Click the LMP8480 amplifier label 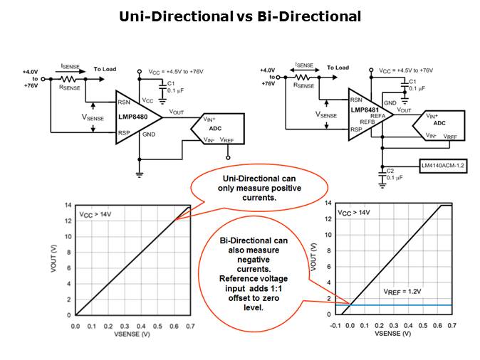pyautogui.click(x=133, y=117)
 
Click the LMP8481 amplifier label pyautogui.click(x=365, y=110)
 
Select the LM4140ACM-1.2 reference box pyautogui.click(x=443, y=166)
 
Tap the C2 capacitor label pyautogui.click(x=390, y=170)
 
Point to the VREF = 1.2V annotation pyautogui.click(x=402, y=292)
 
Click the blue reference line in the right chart pyautogui.click(x=394, y=305)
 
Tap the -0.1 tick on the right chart pyautogui.click(x=335, y=325)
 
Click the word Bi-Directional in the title pyautogui.click(x=309, y=16)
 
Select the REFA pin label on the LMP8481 pyautogui.click(x=377, y=116)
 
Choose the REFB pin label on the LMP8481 pyautogui.click(x=367, y=122)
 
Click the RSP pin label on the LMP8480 pyautogui.click(x=124, y=133)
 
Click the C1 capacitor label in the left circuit pyautogui.click(x=171, y=83)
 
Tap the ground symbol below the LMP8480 pyautogui.click(x=140, y=175)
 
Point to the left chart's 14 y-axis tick pyautogui.click(x=68, y=205)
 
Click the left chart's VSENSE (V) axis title pyautogui.click(x=132, y=334)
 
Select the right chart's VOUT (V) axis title pyautogui.click(x=313, y=258)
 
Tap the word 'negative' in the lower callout pyautogui.click(x=254, y=260)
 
